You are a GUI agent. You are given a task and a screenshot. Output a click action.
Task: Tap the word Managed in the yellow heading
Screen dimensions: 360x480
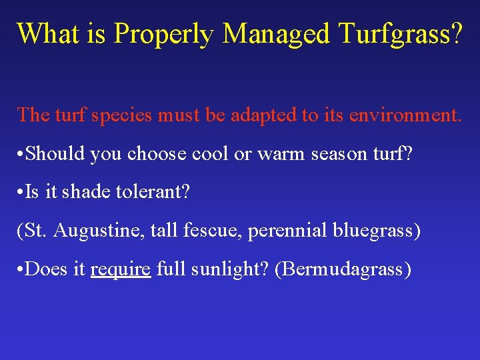tap(276, 33)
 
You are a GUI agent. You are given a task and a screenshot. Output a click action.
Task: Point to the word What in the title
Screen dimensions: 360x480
tap(45, 33)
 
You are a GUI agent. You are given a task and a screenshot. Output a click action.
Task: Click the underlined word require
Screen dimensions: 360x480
tap(121, 270)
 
